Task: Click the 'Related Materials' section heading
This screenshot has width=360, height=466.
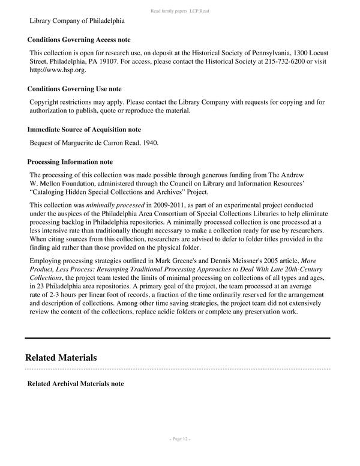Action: [61, 357]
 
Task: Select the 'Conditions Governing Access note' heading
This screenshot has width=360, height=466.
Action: [79, 40]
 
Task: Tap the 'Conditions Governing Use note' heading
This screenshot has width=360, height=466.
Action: [74, 89]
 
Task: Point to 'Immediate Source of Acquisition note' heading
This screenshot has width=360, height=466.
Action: [84, 129]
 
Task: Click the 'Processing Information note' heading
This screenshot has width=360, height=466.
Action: [70, 162]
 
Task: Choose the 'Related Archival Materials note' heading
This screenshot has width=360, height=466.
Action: [76, 384]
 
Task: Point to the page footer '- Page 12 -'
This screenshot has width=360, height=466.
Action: [179, 440]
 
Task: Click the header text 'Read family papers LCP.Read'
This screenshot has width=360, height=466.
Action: [179, 11]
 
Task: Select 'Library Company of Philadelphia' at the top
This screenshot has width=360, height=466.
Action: [77, 21]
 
